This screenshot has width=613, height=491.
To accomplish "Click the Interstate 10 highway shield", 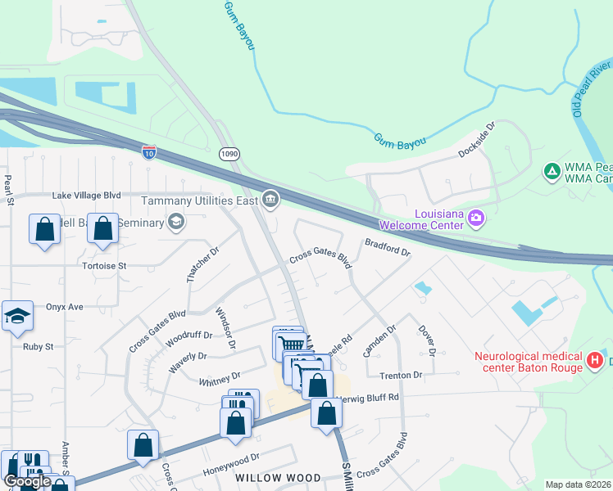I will (x=148, y=152).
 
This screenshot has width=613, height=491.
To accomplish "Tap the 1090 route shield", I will (x=229, y=153).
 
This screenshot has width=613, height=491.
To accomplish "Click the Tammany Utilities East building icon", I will (x=270, y=199).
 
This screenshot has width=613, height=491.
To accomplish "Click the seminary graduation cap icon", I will (x=175, y=222).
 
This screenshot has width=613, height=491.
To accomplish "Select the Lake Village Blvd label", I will (x=86, y=196).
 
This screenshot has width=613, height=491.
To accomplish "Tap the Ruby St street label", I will (x=38, y=346).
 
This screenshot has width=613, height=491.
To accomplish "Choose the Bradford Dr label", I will (x=387, y=247).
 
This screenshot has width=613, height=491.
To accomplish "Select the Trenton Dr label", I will (x=401, y=375).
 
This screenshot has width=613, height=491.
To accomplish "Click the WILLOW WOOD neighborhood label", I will (x=268, y=478).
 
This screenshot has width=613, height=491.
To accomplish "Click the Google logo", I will (x=27, y=481).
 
